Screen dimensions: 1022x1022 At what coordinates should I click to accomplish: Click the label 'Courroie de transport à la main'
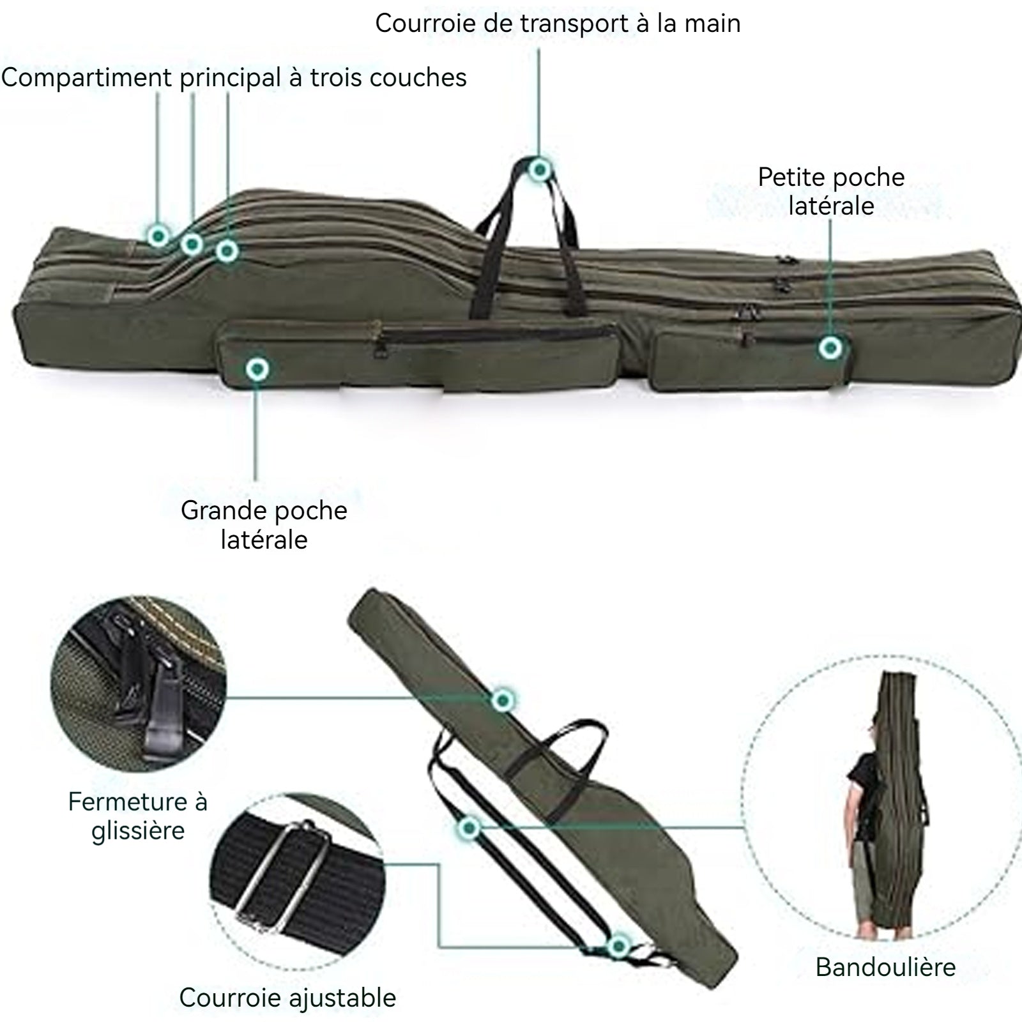tap(558, 24)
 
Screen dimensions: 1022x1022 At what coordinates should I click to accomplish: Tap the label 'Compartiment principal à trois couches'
tap(234, 78)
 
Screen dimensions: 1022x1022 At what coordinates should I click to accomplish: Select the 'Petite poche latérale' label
tap(831, 191)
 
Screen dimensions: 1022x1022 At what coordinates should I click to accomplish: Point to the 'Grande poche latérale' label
tap(264, 524)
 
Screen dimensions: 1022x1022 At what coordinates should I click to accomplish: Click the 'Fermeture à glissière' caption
tap(138, 816)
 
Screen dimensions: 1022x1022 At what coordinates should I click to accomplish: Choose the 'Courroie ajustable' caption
tap(287, 997)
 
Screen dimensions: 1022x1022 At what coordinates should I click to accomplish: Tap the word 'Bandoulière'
tap(885, 967)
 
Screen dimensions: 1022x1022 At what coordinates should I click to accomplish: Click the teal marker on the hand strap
tap(540, 169)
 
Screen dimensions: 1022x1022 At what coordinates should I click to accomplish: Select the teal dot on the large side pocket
tap(257, 369)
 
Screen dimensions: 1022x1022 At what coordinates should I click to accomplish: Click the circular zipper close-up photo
tap(138, 683)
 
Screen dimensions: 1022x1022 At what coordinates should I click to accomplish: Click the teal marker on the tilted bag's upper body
tap(503, 701)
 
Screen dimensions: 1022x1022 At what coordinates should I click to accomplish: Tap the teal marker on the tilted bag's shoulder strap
tap(469, 828)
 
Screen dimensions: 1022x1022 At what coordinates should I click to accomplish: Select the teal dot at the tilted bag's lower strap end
tap(618, 947)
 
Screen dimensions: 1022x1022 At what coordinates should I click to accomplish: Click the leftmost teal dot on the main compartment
tap(158, 236)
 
